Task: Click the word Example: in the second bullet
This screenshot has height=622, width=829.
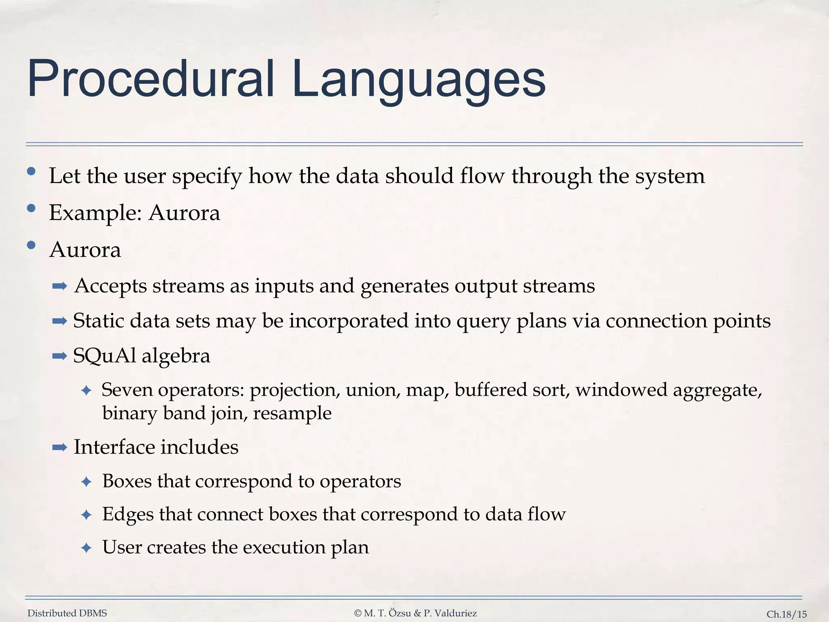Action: [x=95, y=213]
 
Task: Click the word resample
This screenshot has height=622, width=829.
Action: [x=292, y=413]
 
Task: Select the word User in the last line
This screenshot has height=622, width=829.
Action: [x=121, y=547]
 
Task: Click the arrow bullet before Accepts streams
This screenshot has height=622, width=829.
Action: [x=60, y=287]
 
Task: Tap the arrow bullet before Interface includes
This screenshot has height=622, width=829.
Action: [x=60, y=447]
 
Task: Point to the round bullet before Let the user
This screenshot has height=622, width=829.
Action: [x=31, y=172]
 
